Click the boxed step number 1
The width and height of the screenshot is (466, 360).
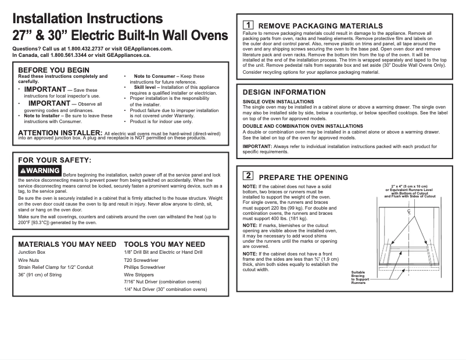[248, 26]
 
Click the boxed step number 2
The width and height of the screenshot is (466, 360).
[248, 175]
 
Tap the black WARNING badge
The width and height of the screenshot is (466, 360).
[40, 171]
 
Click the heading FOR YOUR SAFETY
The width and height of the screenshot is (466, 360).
[55, 160]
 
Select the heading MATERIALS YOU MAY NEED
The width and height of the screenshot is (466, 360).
[67, 244]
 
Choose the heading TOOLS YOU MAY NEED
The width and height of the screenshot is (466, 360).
[164, 244]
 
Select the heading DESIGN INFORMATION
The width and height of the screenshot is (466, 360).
[284, 92]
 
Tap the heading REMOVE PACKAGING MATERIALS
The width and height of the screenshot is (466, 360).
[320, 26]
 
